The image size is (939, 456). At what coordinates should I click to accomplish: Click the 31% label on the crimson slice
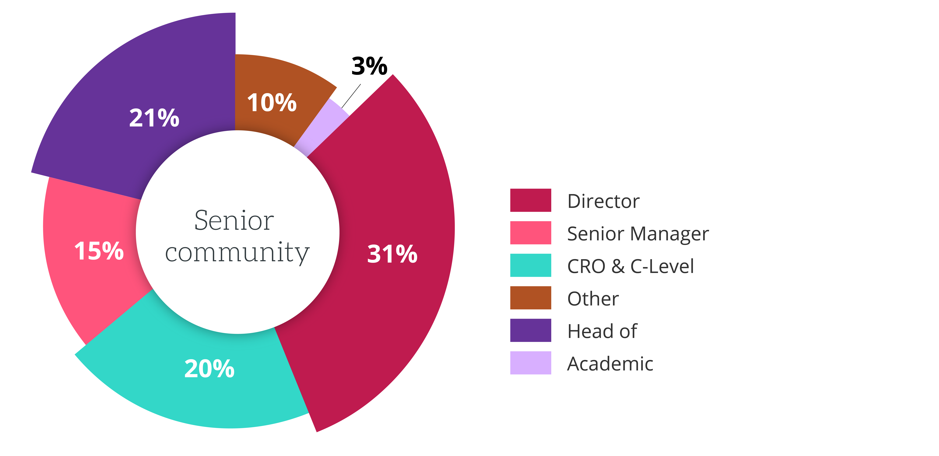coord(392,254)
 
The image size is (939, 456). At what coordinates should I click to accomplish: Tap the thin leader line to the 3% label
coord(351,96)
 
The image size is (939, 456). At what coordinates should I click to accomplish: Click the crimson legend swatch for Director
coord(530,200)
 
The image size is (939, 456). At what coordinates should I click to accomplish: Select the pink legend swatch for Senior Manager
coord(530,233)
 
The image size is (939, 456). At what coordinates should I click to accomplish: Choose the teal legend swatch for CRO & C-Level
coord(530,265)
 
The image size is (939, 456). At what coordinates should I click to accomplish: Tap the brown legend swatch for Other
coord(530,298)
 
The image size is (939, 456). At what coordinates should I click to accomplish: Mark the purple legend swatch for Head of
coord(530,330)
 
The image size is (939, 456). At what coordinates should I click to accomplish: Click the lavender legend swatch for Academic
coord(530,363)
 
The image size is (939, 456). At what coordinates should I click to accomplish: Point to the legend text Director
coord(603,201)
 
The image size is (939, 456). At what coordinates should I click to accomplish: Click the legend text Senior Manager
coord(638,234)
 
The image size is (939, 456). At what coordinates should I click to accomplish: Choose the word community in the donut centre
coord(237,253)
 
